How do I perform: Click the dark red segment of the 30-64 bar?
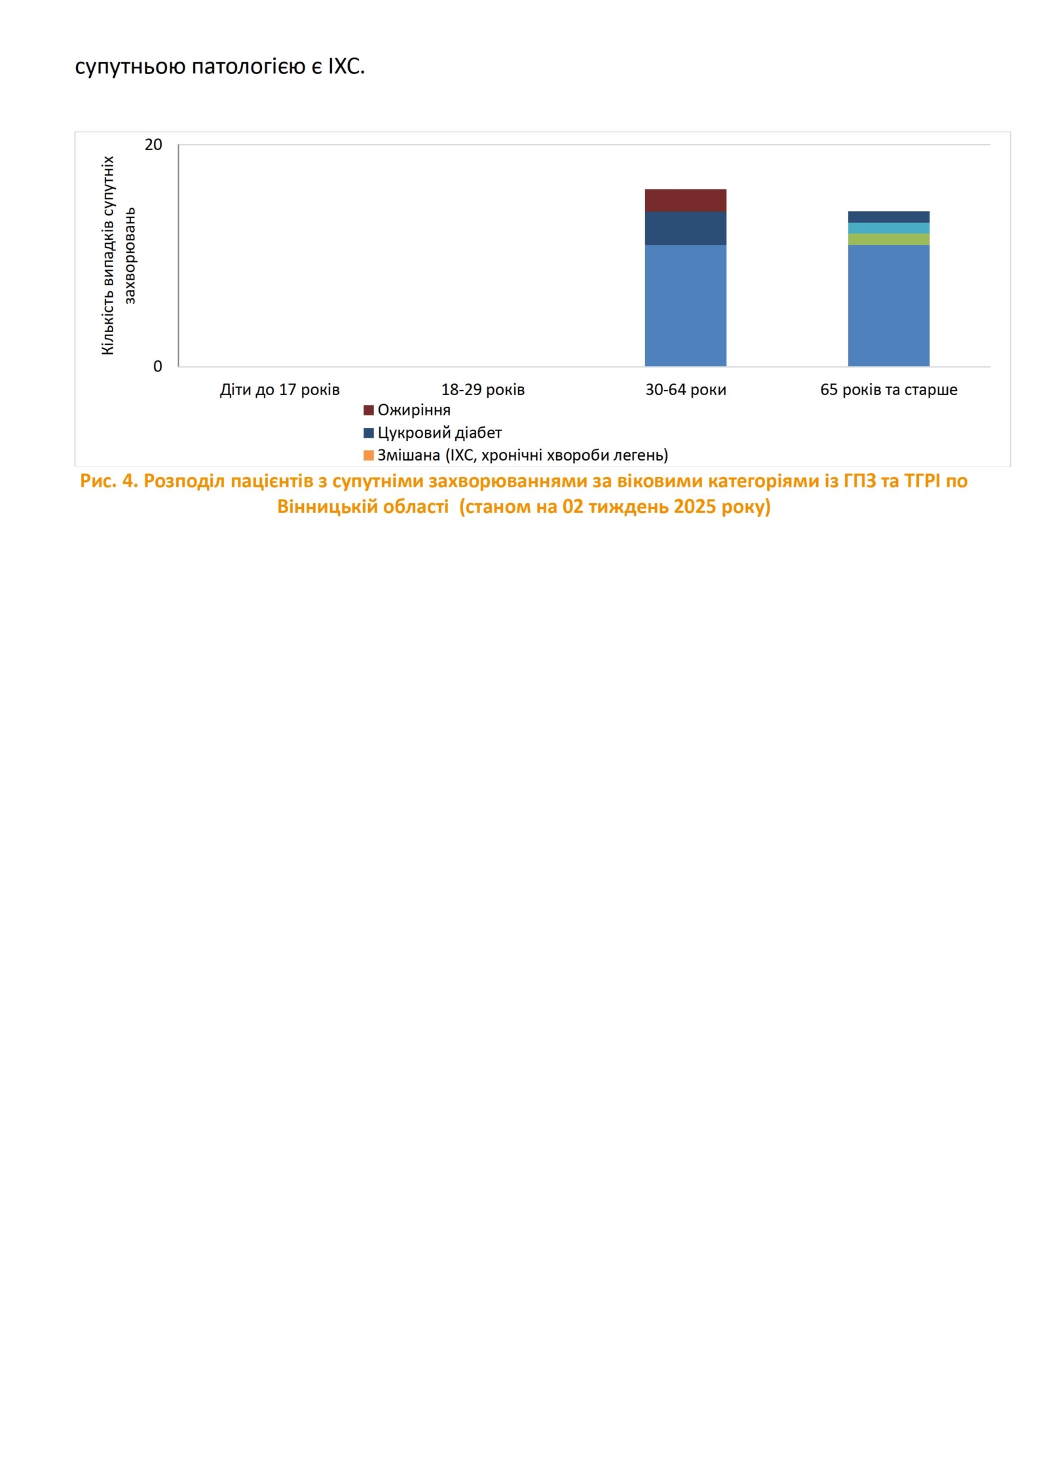click(x=685, y=200)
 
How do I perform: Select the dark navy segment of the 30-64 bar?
click(x=685, y=228)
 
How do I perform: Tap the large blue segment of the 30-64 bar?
click(x=685, y=305)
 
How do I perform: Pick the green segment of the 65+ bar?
click(x=888, y=239)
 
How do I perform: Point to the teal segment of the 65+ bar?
click(x=888, y=228)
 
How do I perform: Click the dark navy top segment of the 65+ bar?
click(x=888, y=217)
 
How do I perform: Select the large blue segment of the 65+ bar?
click(x=888, y=305)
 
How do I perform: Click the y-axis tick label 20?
click(x=153, y=145)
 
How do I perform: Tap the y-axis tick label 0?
click(x=157, y=366)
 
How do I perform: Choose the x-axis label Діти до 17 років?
click(x=280, y=390)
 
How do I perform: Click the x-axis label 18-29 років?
click(x=483, y=390)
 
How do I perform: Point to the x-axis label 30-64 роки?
click(x=686, y=390)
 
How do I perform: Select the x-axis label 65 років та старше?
click(x=889, y=390)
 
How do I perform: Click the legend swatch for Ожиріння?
click(x=369, y=410)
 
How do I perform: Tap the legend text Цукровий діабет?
click(x=440, y=433)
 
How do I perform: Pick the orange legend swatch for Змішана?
click(x=369, y=455)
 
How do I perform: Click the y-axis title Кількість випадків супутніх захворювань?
click(x=119, y=256)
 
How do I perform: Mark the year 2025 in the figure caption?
click(x=696, y=506)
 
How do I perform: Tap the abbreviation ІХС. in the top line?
click(x=346, y=66)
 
